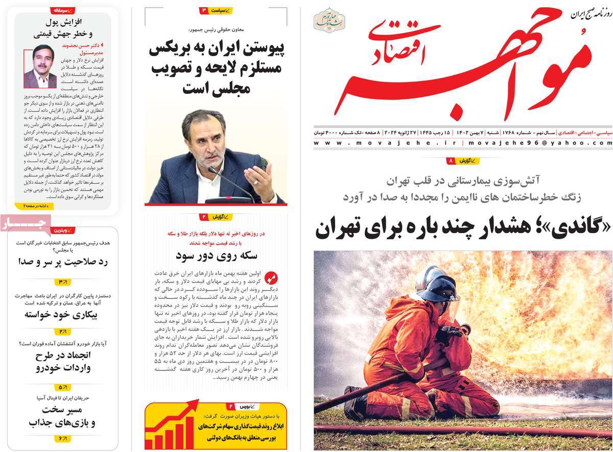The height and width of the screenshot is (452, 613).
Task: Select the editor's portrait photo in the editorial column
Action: click(x=40, y=66)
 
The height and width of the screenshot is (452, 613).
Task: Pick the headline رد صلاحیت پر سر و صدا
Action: click(x=61, y=262)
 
